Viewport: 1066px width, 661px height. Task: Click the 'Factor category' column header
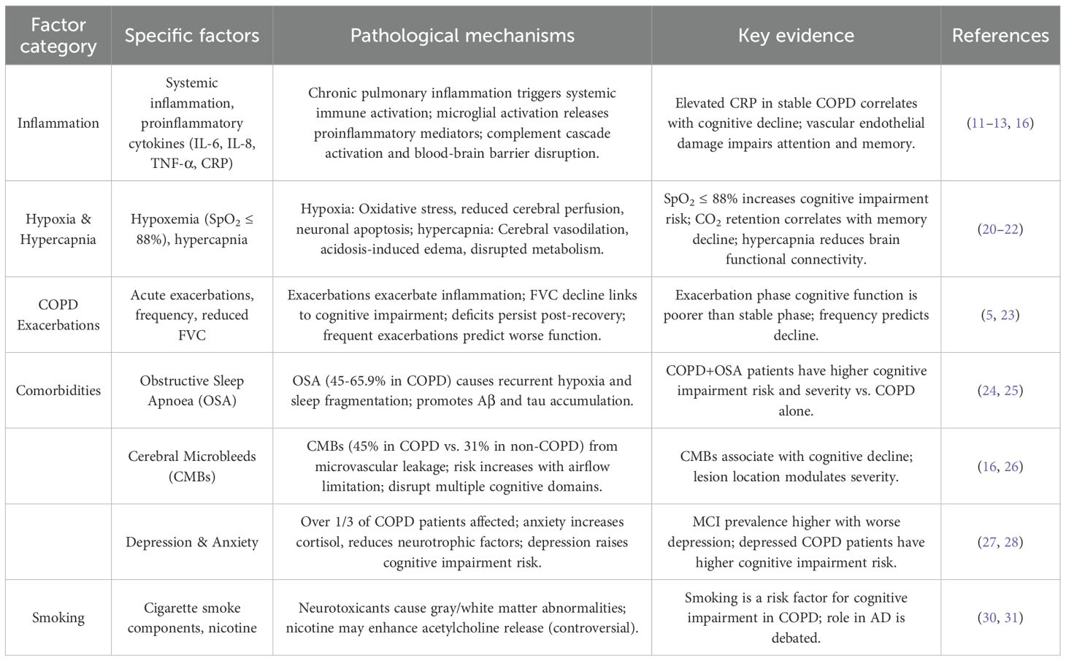click(x=58, y=35)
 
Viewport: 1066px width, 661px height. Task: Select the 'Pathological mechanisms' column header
click(x=462, y=35)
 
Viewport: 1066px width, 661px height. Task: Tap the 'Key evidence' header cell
click(x=796, y=35)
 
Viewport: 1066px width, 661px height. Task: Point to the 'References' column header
click(x=1000, y=35)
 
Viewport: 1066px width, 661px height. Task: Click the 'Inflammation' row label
click(x=58, y=123)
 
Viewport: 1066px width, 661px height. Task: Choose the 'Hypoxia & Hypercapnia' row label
click(x=58, y=229)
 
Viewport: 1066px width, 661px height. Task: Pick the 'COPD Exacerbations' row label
click(x=58, y=315)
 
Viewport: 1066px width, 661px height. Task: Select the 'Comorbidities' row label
click(x=58, y=390)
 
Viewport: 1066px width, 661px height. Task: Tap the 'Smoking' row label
click(x=58, y=617)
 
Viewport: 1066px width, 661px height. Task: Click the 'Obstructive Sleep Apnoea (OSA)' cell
click(x=192, y=390)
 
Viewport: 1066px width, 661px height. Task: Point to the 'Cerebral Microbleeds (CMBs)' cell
click(x=192, y=466)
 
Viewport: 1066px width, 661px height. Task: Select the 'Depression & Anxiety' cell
click(x=192, y=542)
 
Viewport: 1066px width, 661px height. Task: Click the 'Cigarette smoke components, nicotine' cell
click(x=192, y=617)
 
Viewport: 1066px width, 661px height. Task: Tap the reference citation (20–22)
click(x=1000, y=229)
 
